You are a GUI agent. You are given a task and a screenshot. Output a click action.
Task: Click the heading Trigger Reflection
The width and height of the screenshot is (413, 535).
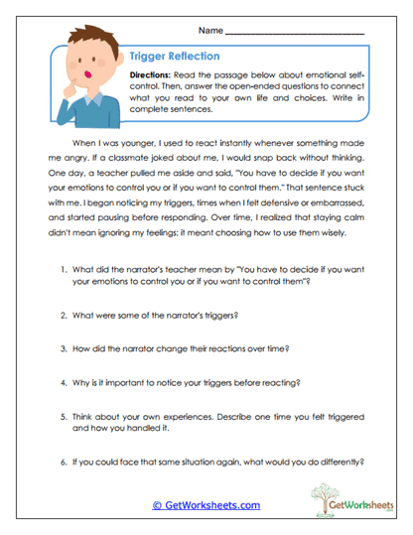[175, 57]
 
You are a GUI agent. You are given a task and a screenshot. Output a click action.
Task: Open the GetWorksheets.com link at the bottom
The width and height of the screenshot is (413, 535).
[206, 505]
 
